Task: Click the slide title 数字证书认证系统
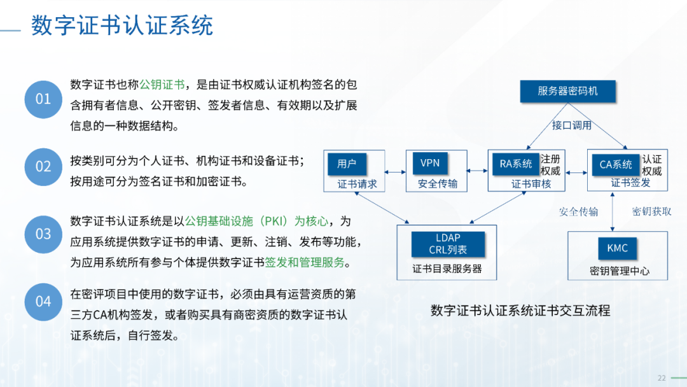[x=121, y=25]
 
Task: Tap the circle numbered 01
[x=43, y=99]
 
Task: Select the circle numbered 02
[x=43, y=167]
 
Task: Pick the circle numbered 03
[x=43, y=234]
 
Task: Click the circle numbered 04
[x=43, y=302]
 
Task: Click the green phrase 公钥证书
[x=162, y=85]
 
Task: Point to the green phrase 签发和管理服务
[x=305, y=262]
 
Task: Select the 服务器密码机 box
[x=568, y=91]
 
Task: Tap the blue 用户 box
[x=347, y=164]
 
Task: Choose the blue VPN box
[x=430, y=164]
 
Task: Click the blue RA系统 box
[x=516, y=164]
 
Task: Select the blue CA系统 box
[x=616, y=165]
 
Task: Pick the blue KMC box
[x=617, y=248]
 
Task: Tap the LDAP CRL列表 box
[x=448, y=244]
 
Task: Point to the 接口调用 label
[x=572, y=125]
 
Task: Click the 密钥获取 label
[x=651, y=212]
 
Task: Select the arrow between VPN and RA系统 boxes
[x=477, y=171]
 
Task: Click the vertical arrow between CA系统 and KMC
[x=613, y=212]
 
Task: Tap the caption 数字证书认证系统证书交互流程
[x=520, y=311]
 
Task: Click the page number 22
[x=662, y=378]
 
